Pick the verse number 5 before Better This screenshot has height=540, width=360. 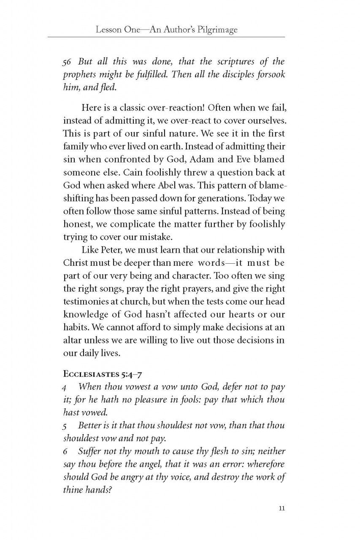65,427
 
